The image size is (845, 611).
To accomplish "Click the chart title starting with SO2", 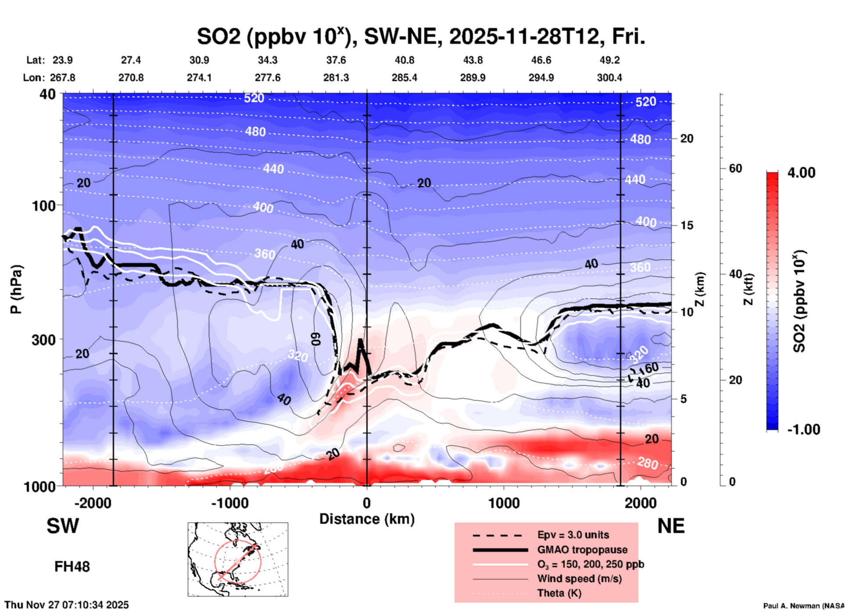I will click(421, 36).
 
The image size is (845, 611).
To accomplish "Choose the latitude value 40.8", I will click(404, 60).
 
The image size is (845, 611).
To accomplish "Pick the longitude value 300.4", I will click(609, 78).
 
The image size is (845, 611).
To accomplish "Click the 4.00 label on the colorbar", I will click(801, 173).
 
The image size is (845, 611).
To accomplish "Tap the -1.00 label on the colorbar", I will click(803, 430).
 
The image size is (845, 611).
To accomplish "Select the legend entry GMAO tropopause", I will click(582, 550).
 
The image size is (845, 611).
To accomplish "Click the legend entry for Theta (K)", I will click(559, 593).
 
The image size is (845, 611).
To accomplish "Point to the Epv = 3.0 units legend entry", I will click(573, 535).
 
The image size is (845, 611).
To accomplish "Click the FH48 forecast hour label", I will click(72, 567).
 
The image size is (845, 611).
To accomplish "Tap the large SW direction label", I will click(63, 526).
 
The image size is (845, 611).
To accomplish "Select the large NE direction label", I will click(671, 526).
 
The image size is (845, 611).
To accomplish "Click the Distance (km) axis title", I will click(367, 519).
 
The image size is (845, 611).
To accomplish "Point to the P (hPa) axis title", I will click(16, 289).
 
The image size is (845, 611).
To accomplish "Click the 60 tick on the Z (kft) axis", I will click(735, 168).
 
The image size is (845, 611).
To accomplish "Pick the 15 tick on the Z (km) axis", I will click(687, 225).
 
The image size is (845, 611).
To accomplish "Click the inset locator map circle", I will click(238, 561).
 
